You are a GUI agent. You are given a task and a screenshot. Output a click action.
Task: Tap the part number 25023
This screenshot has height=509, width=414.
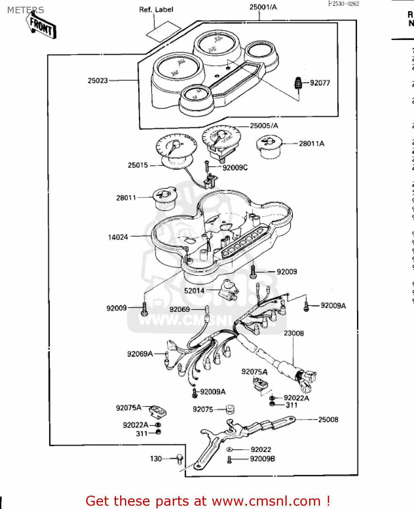point(98,81)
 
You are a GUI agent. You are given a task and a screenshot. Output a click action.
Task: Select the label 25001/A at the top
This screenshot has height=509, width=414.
point(263,7)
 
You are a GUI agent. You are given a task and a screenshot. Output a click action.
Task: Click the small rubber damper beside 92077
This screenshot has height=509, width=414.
point(298,83)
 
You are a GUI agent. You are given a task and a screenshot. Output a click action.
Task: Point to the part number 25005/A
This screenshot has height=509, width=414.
point(264,126)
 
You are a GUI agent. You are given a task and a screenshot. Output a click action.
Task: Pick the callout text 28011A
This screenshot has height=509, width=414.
point(311,144)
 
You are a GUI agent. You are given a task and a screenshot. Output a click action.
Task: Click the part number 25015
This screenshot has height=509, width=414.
point(138,165)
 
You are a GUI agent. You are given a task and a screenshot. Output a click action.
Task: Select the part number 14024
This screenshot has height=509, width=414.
point(118,237)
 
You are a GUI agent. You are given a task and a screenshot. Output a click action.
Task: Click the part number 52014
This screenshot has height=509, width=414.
point(194,291)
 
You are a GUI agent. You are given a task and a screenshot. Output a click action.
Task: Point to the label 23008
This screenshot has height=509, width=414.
point(294,333)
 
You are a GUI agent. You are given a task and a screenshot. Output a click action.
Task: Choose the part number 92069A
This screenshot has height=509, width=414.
point(140,354)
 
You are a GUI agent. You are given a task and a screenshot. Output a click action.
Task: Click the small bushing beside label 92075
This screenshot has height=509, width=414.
point(230,409)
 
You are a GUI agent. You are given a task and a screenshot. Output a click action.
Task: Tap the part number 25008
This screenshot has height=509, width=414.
point(328,420)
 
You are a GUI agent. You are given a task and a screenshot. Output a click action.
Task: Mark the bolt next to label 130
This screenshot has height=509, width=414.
point(180,459)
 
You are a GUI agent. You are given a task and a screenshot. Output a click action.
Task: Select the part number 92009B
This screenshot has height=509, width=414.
point(262,459)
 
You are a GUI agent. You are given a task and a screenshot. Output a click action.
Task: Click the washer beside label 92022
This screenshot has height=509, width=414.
point(230,450)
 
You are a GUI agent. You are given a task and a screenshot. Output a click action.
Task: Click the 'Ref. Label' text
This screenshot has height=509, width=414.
point(156,10)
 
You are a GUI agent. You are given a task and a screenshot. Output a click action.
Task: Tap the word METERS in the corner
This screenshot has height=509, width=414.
point(25,10)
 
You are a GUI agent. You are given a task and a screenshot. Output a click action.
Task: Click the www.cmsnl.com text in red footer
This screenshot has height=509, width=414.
point(266,501)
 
